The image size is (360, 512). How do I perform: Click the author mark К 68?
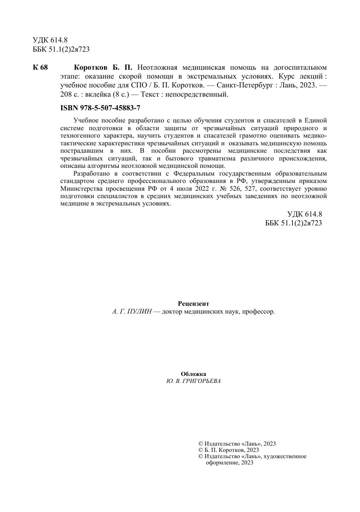point(40,68)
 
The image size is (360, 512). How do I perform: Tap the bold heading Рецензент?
point(193,304)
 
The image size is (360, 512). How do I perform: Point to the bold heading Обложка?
point(193,374)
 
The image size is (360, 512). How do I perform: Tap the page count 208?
point(66,94)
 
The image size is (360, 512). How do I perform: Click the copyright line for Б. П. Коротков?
point(229,450)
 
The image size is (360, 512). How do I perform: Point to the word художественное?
point(285,456)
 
